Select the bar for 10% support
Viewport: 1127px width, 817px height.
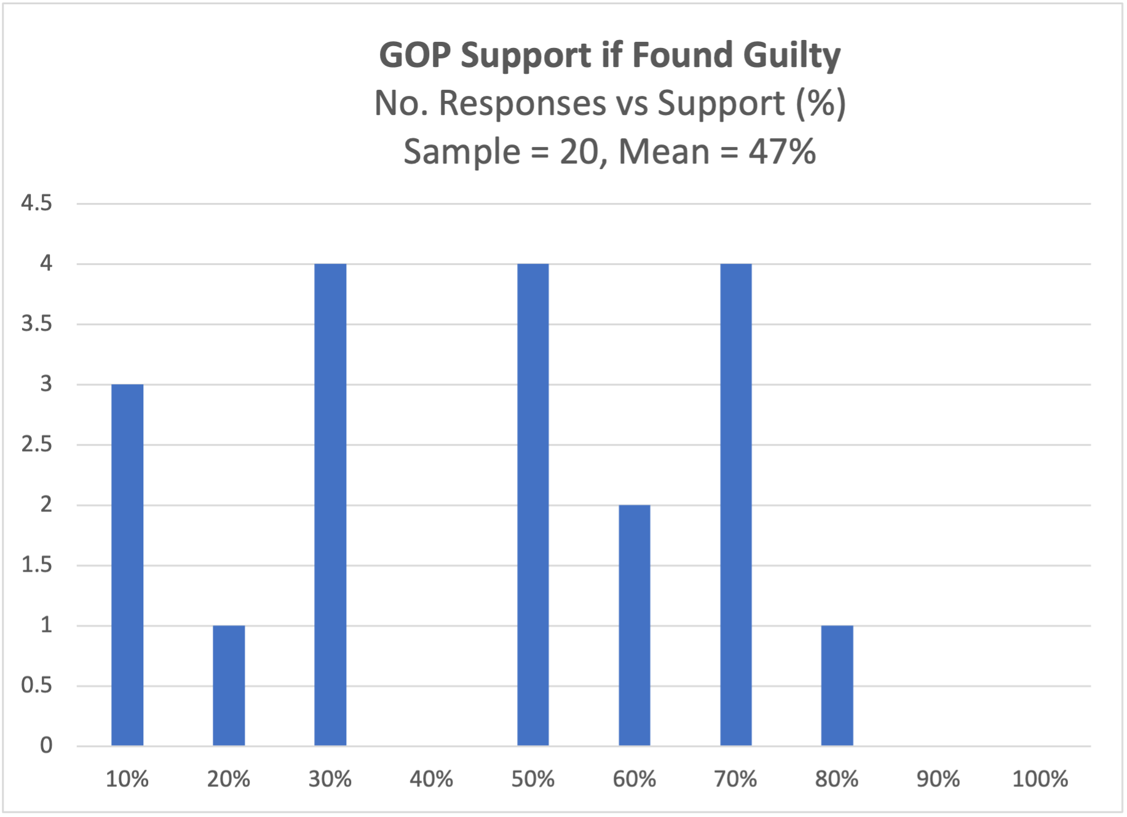[x=127, y=565]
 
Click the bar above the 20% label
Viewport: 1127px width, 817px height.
[x=229, y=685]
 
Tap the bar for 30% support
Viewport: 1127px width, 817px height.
[x=330, y=505]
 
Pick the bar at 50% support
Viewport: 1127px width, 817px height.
[x=533, y=505]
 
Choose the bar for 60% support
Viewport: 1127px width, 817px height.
[x=635, y=625]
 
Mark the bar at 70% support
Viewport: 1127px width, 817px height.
[x=736, y=505]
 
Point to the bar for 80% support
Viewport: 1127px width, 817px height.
[x=837, y=685]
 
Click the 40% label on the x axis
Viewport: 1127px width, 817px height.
[x=432, y=780]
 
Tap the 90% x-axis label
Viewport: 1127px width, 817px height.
[x=938, y=780]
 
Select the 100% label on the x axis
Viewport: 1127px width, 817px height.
[x=1040, y=780]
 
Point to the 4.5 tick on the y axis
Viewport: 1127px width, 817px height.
[x=37, y=203]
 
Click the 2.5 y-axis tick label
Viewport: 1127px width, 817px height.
[x=37, y=444]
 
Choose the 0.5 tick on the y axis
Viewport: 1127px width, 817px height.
[x=37, y=685]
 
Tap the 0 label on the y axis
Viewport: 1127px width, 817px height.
[x=46, y=746]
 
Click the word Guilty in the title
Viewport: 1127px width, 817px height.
[x=791, y=56]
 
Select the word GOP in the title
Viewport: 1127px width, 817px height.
[x=416, y=55]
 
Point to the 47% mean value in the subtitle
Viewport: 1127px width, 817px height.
[x=782, y=151]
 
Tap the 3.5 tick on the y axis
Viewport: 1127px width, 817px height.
[x=37, y=324]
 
